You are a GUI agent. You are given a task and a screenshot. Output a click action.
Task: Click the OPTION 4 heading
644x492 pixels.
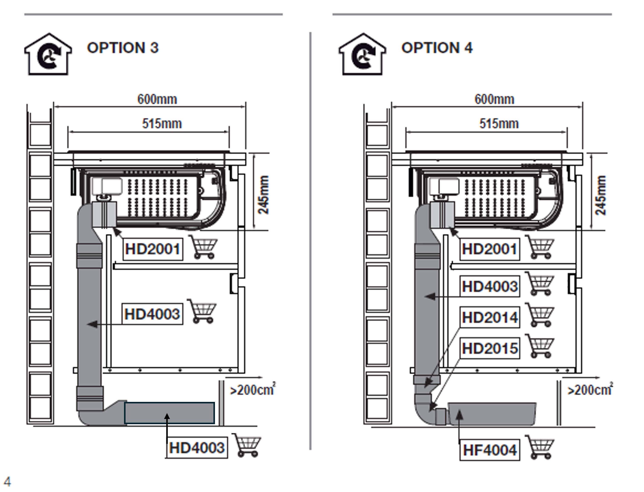click(437, 48)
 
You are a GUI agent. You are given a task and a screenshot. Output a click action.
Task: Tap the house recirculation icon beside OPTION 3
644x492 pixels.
click(48, 54)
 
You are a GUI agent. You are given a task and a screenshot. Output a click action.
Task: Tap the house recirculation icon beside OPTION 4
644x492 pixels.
click(363, 54)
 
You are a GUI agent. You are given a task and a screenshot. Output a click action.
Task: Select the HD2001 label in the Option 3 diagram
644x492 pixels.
click(153, 249)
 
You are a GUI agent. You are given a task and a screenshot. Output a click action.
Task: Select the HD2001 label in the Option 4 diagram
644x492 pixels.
click(489, 249)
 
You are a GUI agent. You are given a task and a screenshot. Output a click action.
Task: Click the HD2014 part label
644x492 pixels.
click(489, 317)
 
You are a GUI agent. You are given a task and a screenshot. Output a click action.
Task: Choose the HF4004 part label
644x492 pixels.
click(489, 450)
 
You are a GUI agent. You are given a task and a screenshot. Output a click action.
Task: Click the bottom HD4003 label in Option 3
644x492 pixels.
click(197, 448)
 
